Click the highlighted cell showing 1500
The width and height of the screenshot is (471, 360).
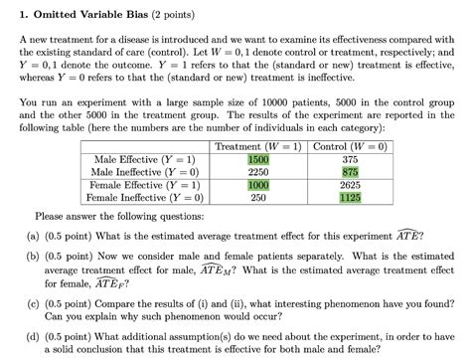[258, 159]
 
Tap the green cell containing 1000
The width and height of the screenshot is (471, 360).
[258, 184]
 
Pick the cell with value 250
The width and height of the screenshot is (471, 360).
[258, 197]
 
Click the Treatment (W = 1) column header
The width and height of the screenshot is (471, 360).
[257, 146]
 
